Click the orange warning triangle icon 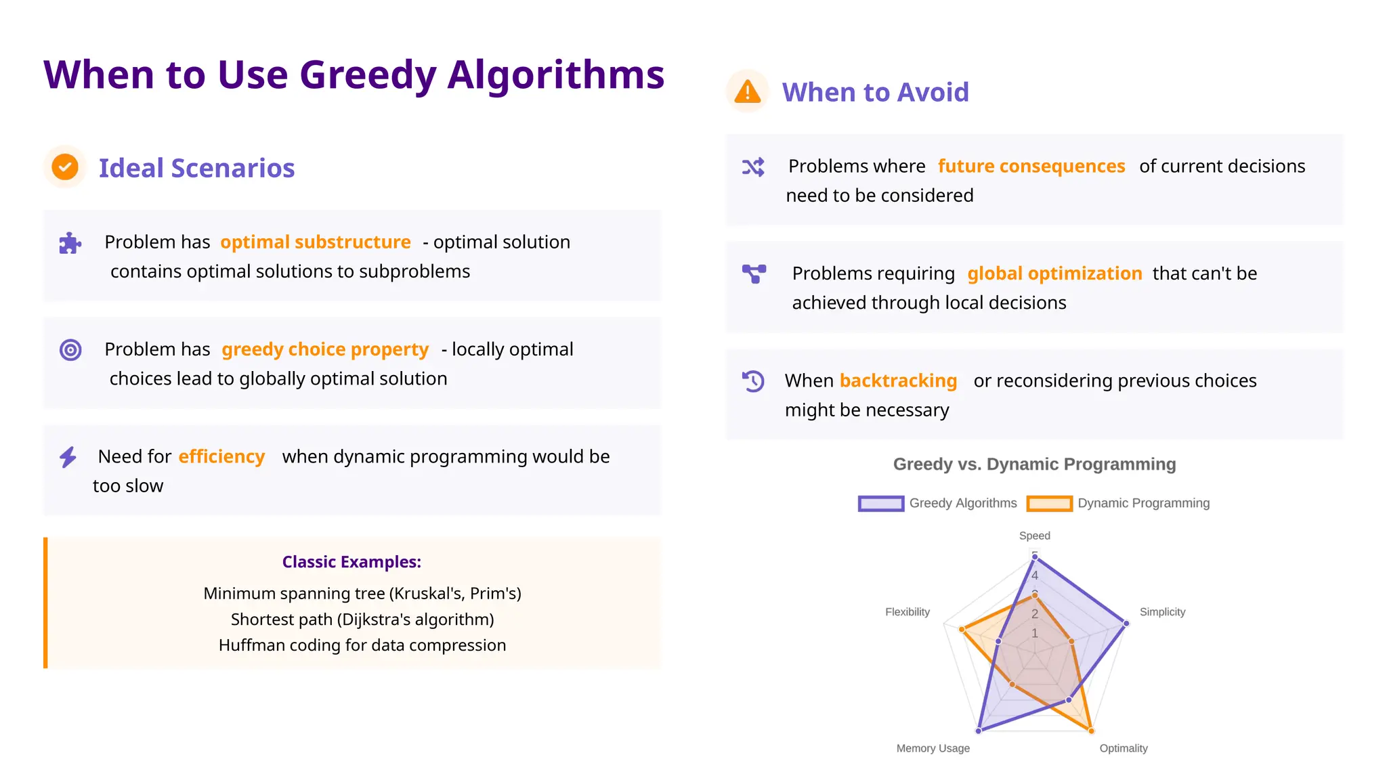(x=747, y=91)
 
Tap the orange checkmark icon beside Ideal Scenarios (x=65, y=167)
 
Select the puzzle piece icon (x=70, y=243)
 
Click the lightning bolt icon (x=68, y=457)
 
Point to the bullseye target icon (x=70, y=350)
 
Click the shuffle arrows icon (x=753, y=167)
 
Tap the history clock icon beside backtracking (x=753, y=381)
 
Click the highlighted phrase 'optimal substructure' (x=316, y=242)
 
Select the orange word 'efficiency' (x=221, y=456)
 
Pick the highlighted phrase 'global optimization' (x=1054, y=273)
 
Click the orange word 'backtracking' (x=898, y=381)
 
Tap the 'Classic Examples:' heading (x=351, y=562)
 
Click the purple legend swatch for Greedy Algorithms (x=880, y=503)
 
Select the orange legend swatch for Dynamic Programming (x=1049, y=503)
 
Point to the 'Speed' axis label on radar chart (x=1034, y=536)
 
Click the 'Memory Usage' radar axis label (x=933, y=748)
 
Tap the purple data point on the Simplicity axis (x=1126, y=623)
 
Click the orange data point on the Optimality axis (x=1091, y=731)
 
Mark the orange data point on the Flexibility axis (x=962, y=630)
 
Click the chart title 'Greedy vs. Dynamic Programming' (x=1034, y=464)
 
